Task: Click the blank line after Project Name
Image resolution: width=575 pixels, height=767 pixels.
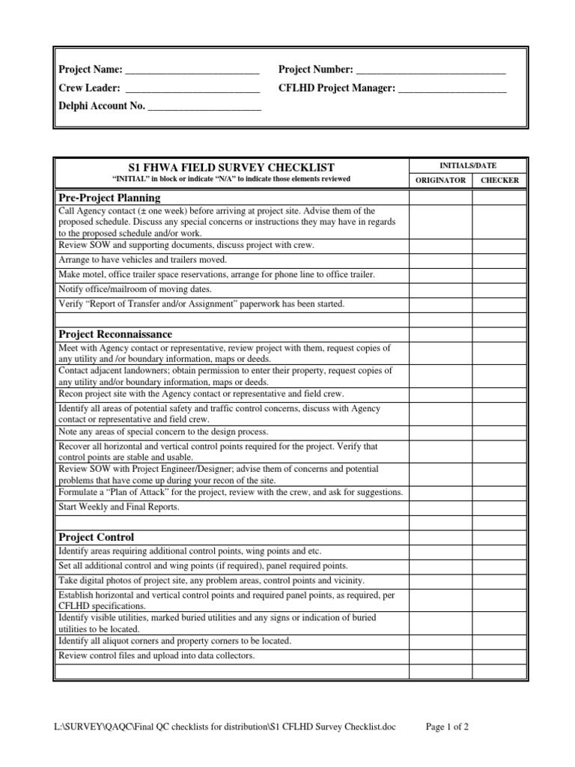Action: click(192, 70)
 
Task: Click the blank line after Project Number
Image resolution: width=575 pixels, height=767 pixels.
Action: click(431, 70)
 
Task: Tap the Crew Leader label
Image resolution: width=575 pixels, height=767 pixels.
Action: click(89, 88)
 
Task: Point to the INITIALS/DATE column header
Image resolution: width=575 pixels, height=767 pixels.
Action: click(467, 166)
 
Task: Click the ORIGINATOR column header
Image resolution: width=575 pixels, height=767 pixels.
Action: click(439, 181)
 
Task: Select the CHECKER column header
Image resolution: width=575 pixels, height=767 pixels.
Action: click(499, 181)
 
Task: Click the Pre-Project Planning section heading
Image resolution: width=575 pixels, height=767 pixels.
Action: click(109, 198)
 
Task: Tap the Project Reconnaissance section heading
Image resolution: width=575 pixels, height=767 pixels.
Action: click(115, 333)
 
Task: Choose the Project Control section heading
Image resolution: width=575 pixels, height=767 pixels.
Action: click(97, 536)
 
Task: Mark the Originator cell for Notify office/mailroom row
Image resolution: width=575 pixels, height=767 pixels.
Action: click(439, 289)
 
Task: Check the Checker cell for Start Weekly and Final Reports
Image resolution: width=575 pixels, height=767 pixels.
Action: click(499, 506)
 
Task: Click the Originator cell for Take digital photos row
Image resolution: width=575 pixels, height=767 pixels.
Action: click(439, 580)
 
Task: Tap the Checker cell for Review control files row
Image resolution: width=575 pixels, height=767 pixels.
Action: click(499, 655)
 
